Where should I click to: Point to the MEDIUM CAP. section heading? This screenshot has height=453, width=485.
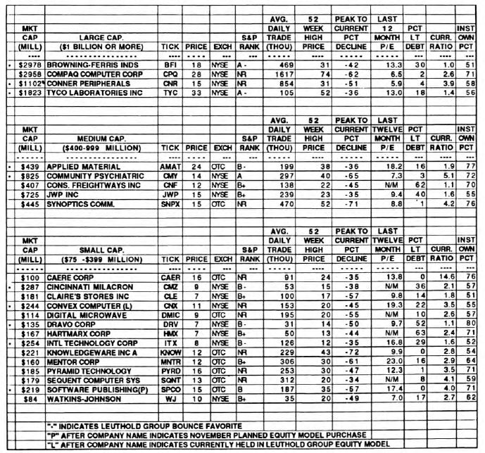tap(97, 139)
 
